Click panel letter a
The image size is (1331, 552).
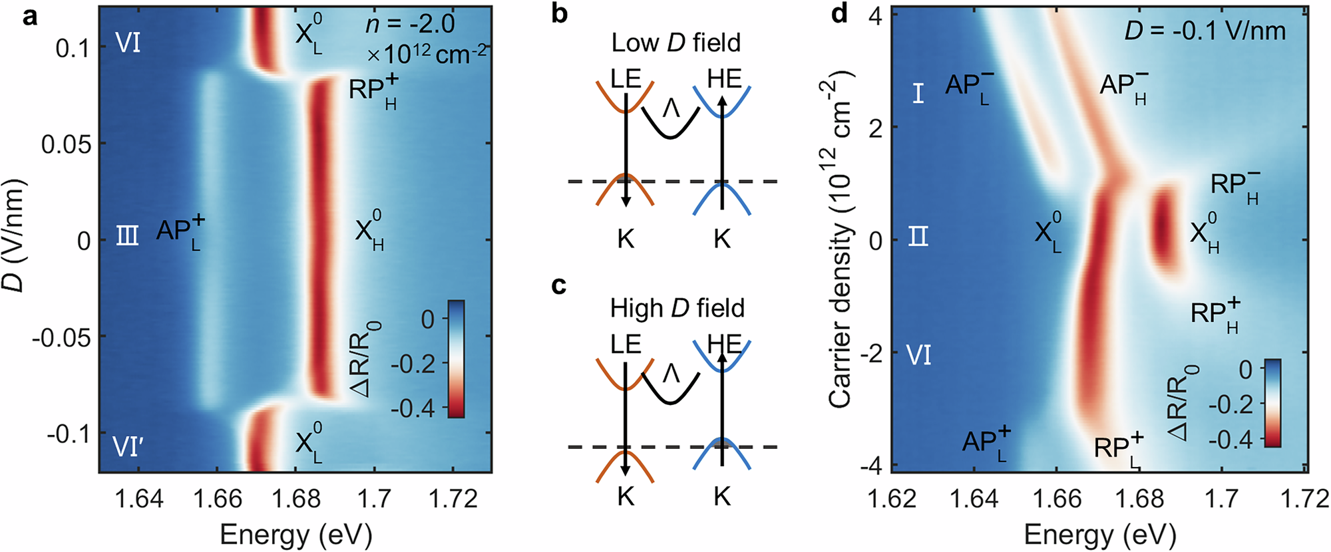[30, 16]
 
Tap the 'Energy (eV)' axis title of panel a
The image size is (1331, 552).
[295, 534]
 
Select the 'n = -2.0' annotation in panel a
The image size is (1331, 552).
[410, 25]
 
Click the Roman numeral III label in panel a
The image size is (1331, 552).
[128, 236]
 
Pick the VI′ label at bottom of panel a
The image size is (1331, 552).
[128, 446]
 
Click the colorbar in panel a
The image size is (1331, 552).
[456, 358]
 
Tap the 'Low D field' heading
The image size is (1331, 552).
[675, 43]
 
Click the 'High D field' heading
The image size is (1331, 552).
[677, 309]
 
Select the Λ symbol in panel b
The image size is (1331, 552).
[670, 108]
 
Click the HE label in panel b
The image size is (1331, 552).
[724, 79]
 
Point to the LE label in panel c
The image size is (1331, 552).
[626, 344]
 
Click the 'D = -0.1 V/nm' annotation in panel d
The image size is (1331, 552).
[1205, 31]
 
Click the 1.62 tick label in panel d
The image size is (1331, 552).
[892, 498]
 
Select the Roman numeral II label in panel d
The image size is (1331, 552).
[918, 236]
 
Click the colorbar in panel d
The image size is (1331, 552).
[1272, 402]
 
